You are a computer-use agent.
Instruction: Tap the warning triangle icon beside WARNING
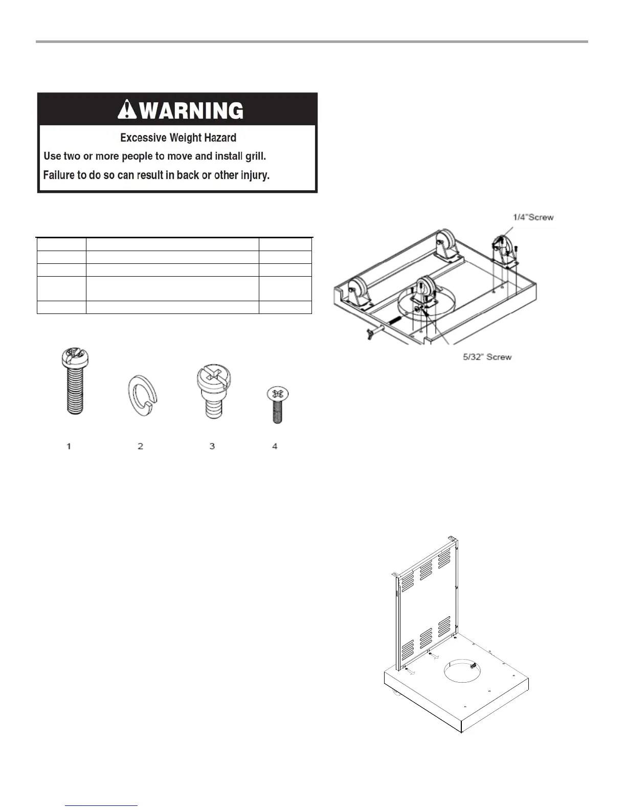tap(127, 109)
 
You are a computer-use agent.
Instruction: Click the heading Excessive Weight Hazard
tap(178, 138)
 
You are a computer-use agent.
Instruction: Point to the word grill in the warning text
tap(254, 156)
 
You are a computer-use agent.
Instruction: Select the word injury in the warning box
tap(255, 175)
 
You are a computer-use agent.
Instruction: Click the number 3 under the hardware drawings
tap(212, 446)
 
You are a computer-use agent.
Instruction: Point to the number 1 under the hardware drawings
tap(69, 446)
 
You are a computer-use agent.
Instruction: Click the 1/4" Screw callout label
tap(533, 217)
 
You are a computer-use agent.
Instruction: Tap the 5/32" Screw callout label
tap(487, 357)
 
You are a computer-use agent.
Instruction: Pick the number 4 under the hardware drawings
tap(275, 446)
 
